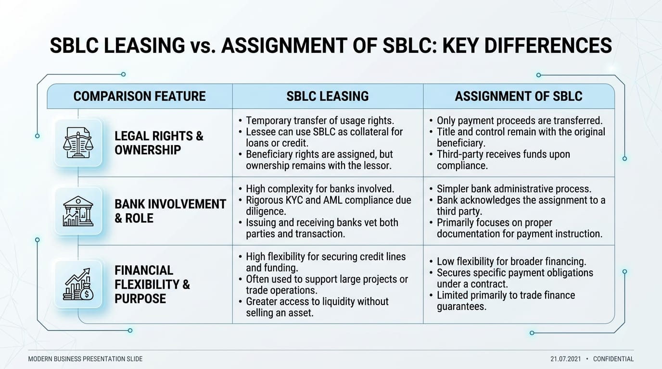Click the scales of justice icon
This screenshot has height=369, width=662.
[x=78, y=143]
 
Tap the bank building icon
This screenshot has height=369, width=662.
[x=78, y=211]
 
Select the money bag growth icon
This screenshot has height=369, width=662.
[x=78, y=284]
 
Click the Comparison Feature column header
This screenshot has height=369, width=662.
[x=140, y=96]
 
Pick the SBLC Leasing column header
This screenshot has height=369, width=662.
[x=328, y=96]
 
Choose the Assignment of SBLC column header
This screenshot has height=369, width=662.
[x=519, y=96]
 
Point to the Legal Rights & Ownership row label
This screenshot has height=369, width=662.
[x=159, y=143]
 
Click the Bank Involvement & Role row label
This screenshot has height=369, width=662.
[x=170, y=211]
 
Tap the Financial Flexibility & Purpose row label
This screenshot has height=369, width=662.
[x=152, y=284]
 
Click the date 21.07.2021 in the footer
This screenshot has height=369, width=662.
[x=566, y=359]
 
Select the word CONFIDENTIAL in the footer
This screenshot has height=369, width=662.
[x=613, y=359]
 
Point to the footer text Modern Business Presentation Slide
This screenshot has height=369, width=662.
[x=85, y=359]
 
